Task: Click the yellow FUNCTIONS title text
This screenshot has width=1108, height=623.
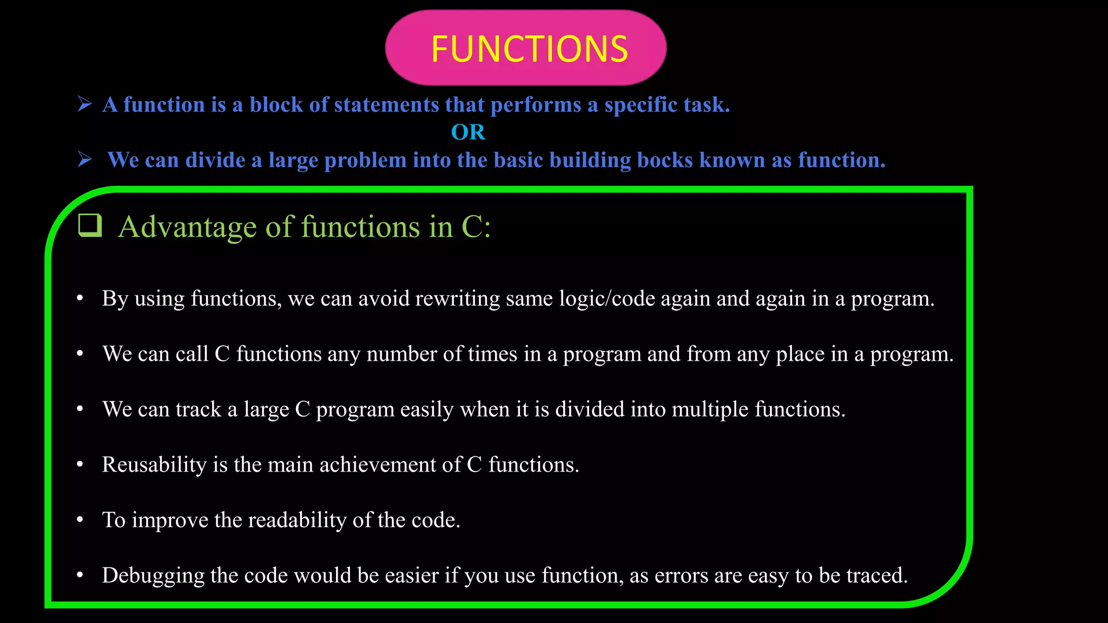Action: coord(529,49)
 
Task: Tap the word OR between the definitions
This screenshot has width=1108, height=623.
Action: coord(468,132)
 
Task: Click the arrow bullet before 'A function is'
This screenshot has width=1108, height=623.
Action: coord(85,103)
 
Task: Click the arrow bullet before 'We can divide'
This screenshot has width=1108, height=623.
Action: coord(85,159)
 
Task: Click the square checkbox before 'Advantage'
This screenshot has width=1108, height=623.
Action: coord(90,226)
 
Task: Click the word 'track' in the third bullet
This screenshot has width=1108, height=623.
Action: coord(199,409)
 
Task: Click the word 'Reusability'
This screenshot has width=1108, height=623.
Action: coord(154,465)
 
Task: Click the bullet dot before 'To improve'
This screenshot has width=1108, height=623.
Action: coord(80,520)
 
